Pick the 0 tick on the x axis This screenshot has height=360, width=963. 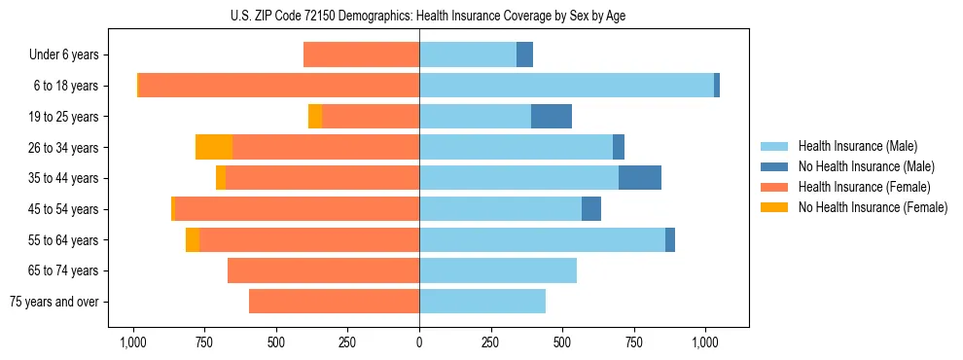coord(419,342)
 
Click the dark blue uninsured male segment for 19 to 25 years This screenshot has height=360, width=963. coord(552,117)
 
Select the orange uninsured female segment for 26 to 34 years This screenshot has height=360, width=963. coord(214,148)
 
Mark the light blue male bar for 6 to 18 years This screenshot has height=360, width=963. coord(566,86)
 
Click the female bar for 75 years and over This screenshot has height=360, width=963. coord(334,302)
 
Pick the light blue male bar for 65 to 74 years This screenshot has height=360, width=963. coord(498,270)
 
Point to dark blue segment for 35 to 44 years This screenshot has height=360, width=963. coord(640,178)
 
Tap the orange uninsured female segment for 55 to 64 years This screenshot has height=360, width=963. coord(193,240)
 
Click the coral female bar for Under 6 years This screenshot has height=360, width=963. coord(361,55)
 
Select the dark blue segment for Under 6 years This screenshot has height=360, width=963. coord(524,55)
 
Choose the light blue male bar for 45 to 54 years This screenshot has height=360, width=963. coord(500,209)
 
